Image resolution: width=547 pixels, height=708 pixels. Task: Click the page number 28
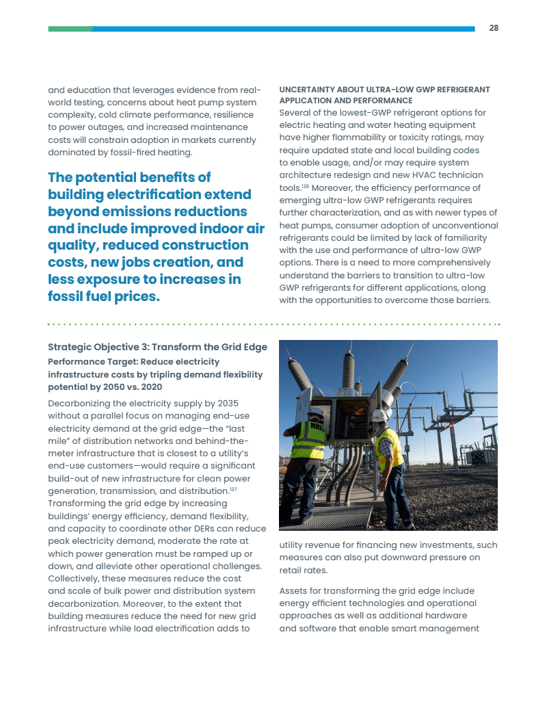(494, 28)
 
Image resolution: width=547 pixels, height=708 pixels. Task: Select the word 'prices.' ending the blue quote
(137, 297)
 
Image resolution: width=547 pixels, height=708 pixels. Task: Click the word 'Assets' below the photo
(294, 590)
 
